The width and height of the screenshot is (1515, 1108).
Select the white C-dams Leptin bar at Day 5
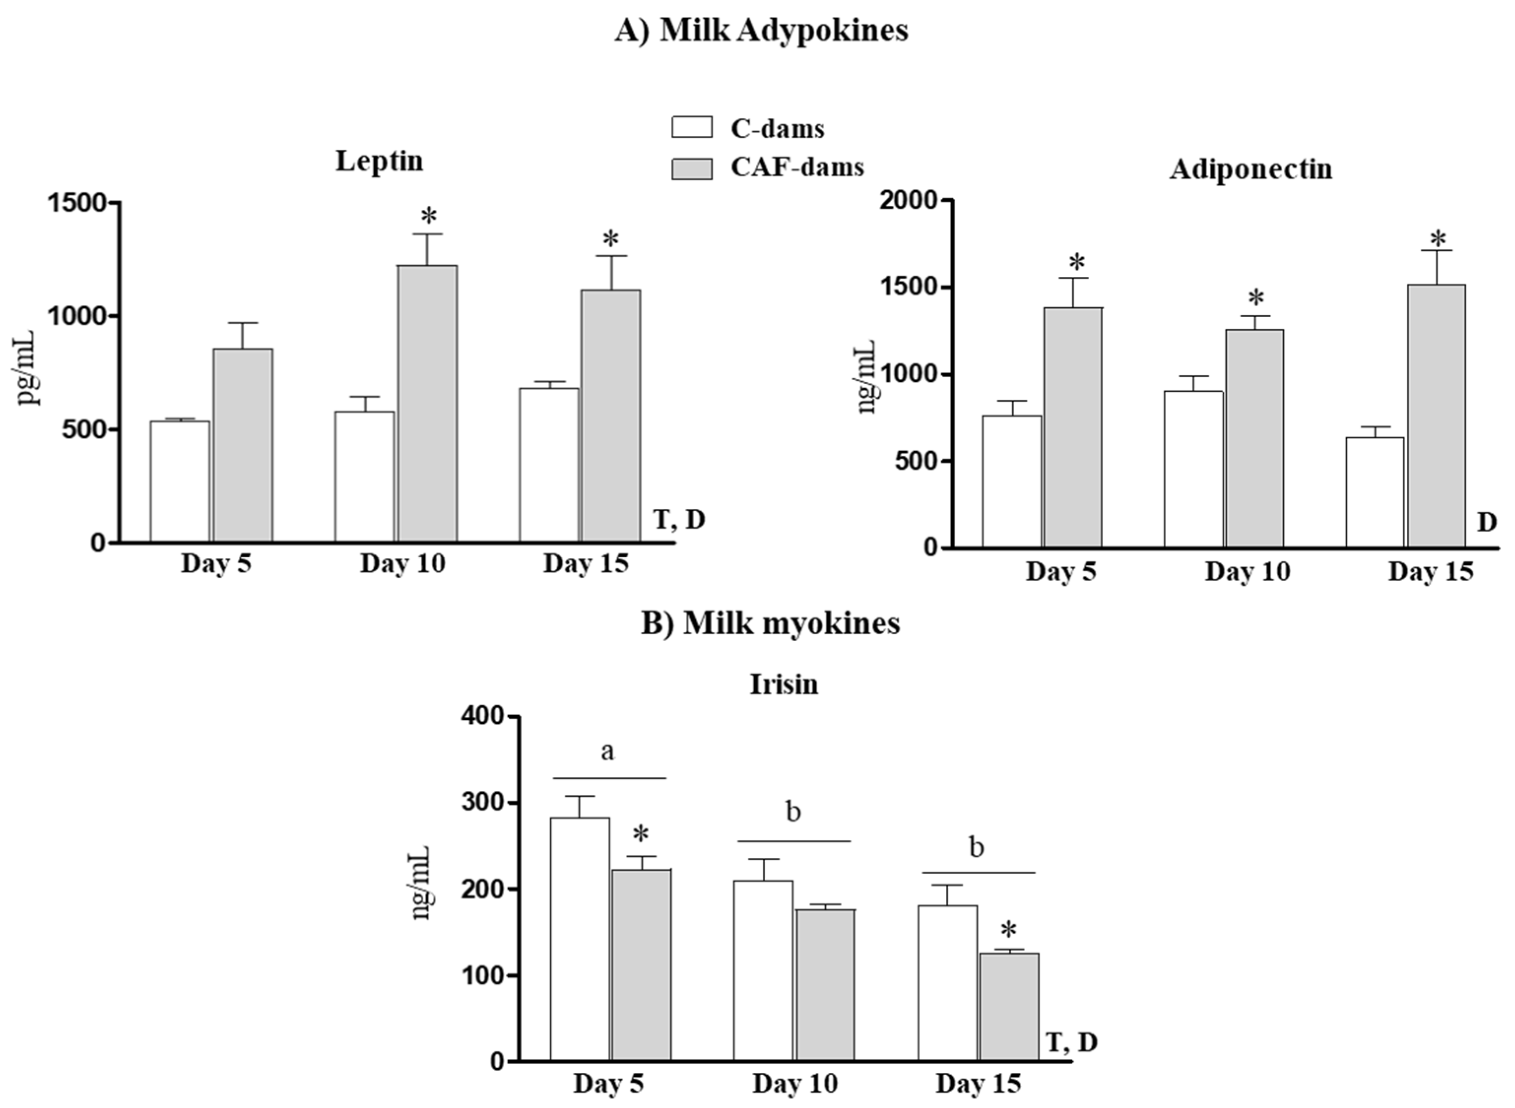[x=180, y=481]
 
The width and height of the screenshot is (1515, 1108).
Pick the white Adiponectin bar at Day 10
[x=1193, y=469]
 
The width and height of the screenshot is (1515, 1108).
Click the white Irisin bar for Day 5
[x=580, y=939]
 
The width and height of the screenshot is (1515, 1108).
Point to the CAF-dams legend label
[x=797, y=167]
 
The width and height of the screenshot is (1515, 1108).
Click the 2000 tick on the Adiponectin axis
[x=909, y=200]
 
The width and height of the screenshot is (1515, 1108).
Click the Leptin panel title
[x=379, y=161]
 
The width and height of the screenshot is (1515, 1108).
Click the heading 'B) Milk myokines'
[x=771, y=623]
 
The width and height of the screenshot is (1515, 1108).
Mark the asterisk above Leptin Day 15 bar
[x=611, y=239]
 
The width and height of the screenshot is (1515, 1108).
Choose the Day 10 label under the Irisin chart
[x=795, y=1084]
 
